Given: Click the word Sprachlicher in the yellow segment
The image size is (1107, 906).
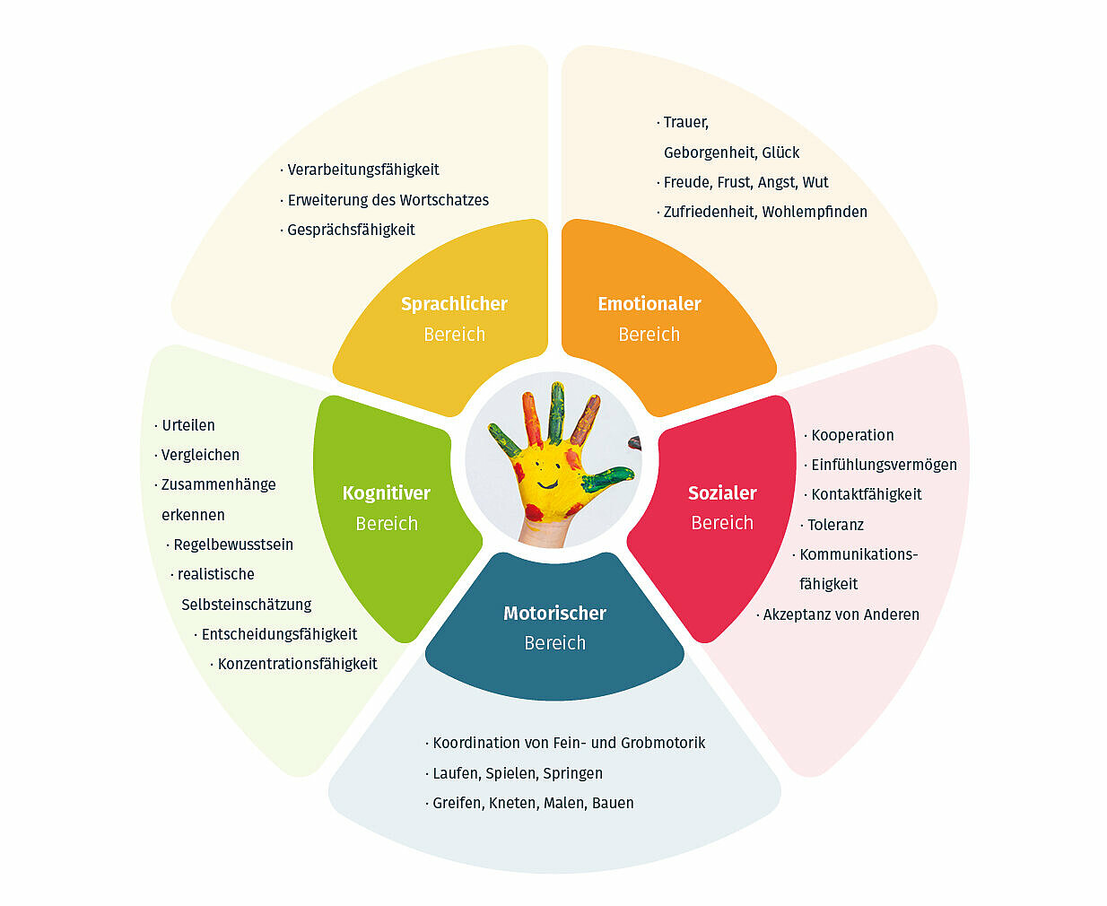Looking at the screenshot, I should point(454,304).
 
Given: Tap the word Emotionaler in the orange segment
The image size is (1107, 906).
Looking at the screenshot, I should point(649,304).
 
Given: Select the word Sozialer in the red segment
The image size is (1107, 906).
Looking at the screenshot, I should point(722,492).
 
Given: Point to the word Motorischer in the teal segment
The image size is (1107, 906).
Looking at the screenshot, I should point(554,614).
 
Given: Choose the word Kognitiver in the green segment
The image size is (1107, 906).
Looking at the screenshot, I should point(386,493).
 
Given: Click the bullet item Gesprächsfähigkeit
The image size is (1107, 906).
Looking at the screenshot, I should point(351,230).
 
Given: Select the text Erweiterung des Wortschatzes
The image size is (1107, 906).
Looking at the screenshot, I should point(388,200).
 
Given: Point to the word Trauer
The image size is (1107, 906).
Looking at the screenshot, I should point(685,122).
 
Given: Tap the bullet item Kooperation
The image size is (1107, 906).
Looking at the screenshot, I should point(852,435).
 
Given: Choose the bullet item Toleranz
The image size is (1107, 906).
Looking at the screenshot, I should point(835,525).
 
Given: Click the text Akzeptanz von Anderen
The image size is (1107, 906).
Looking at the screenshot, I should point(841,614).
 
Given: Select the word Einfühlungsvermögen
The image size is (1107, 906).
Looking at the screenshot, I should point(884,465).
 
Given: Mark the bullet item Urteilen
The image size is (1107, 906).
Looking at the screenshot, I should point(188,425).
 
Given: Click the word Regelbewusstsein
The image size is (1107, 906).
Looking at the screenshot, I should point(233,544).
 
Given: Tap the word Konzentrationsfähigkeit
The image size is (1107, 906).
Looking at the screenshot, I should point(297,664).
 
